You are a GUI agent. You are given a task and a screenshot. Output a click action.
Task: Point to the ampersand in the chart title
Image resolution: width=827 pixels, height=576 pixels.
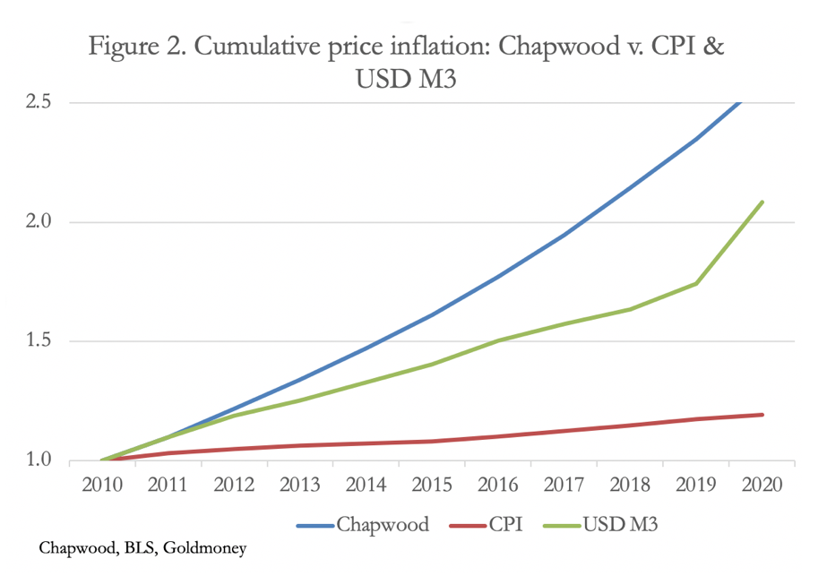coord(711,47)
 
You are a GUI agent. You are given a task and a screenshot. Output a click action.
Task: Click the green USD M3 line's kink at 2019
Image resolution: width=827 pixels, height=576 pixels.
coord(696,283)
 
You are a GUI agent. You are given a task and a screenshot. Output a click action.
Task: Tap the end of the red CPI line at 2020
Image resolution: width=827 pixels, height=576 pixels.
coord(762,415)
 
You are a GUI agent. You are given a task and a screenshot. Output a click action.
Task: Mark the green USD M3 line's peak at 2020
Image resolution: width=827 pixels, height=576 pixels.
coord(762,202)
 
